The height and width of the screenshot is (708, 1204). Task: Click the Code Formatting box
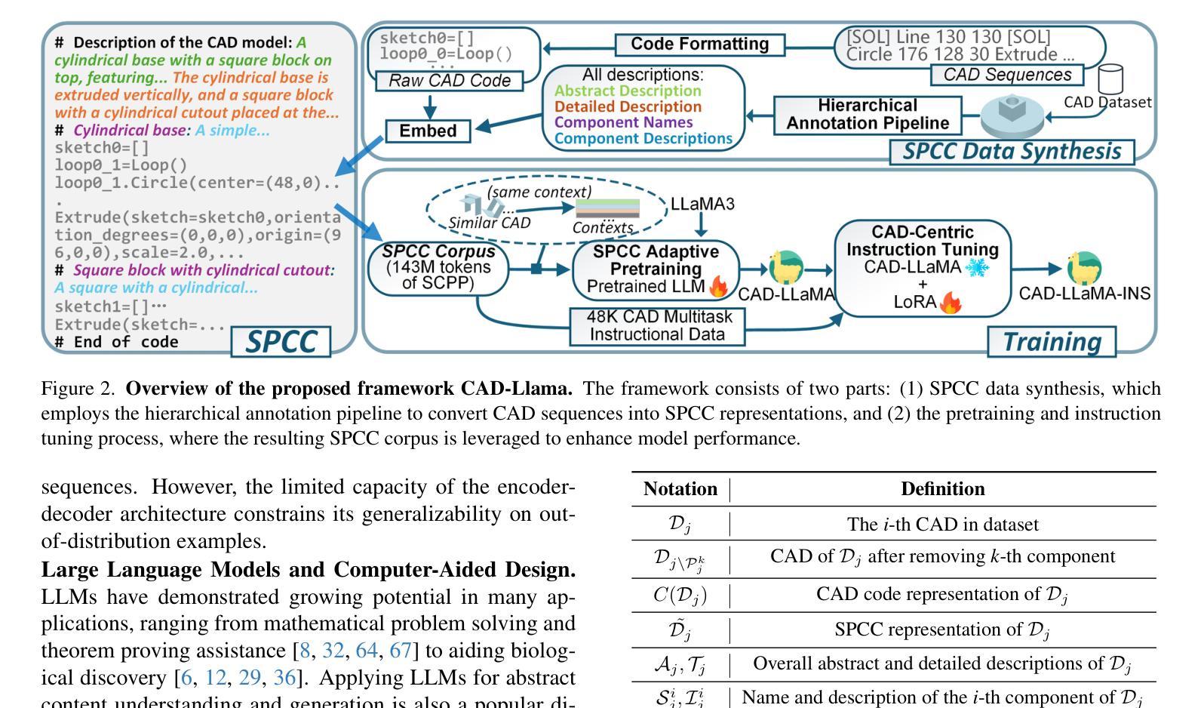(x=700, y=44)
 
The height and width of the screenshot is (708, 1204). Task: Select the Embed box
(x=428, y=131)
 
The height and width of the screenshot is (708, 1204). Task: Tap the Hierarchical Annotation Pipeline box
(x=868, y=115)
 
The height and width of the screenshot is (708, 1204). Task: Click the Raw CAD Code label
(x=450, y=81)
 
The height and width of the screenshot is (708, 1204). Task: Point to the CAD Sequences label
(x=1007, y=75)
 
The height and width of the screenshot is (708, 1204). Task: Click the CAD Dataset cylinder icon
(x=1110, y=79)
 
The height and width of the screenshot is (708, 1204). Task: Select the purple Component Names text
(x=623, y=123)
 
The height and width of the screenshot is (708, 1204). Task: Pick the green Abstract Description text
(x=628, y=91)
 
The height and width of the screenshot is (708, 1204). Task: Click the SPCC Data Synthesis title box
(x=1012, y=152)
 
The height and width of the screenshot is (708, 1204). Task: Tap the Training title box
(x=1052, y=342)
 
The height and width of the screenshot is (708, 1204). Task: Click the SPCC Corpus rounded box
(x=438, y=268)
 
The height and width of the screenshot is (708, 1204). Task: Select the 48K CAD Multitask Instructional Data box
(x=657, y=326)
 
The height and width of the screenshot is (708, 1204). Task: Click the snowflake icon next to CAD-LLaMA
(x=977, y=267)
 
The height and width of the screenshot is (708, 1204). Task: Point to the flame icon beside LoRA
(x=950, y=303)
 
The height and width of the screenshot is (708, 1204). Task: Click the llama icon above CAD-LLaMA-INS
(x=1083, y=268)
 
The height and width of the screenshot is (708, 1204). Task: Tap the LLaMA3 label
(x=702, y=204)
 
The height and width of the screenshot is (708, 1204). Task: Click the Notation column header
(x=680, y=489)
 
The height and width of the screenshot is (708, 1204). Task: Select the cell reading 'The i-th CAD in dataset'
(x=943, y=524)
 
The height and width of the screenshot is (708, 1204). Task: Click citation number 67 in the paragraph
(x=400, y=651)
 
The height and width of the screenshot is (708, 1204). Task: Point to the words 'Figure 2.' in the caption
(x=78, y=389)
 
